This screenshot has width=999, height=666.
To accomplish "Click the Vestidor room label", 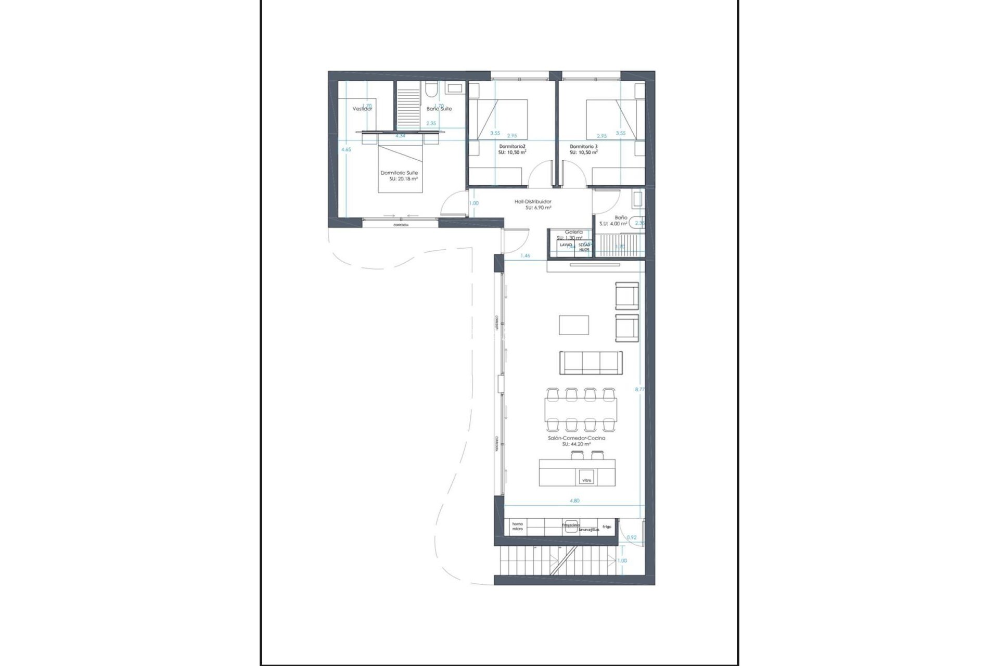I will coord(362,109).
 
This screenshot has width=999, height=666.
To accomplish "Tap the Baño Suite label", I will coord(439,109).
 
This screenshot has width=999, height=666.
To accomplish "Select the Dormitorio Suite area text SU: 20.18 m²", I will coord(403,178).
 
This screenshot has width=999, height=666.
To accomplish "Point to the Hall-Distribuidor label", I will coord(533,201).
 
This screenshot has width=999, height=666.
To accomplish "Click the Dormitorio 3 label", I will coord(583,147).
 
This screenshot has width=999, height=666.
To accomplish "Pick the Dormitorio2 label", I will coord(511,147).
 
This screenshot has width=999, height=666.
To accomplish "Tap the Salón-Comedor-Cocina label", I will coord(576,438).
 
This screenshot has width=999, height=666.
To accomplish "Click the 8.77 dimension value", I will coord(639,389).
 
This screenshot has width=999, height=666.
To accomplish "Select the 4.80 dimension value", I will coord(574,501).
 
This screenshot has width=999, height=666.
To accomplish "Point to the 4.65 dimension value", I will coord(346,149).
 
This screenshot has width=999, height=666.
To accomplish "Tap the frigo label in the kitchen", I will coord(607,527).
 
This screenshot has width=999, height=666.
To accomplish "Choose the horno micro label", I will coord(517,526).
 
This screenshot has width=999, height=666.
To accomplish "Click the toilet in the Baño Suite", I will coord(429,91).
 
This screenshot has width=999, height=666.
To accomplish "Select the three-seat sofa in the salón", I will coord(591,363).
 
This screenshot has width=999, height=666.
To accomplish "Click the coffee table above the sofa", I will coord(574,325).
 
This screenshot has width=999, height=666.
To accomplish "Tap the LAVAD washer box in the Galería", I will coord(566,245).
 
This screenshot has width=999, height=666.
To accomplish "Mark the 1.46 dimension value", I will coord(526,255).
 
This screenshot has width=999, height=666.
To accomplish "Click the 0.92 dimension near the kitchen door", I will coord(632,537).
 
